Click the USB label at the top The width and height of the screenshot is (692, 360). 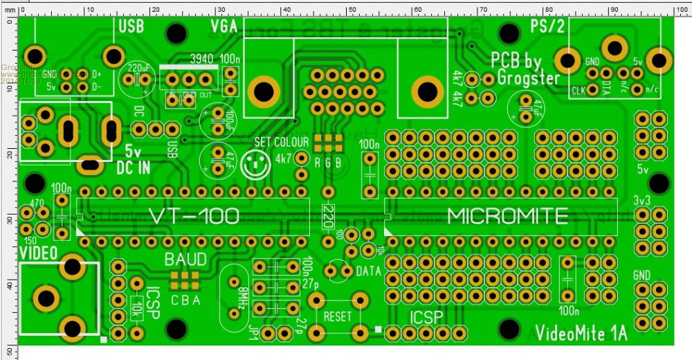click(131, 27)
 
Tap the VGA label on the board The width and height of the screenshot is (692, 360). click(224, 27)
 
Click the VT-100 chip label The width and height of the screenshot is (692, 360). click(194, 217)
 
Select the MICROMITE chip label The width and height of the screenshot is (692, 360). click(507, 217)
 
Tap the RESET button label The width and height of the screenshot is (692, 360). click(338, 316)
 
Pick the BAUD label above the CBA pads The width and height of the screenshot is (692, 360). click(185, 260)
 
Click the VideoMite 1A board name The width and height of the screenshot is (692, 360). click(581, 334)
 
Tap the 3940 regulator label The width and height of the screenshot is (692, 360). click(202, 60)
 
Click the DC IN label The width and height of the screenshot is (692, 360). click(134, 166)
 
